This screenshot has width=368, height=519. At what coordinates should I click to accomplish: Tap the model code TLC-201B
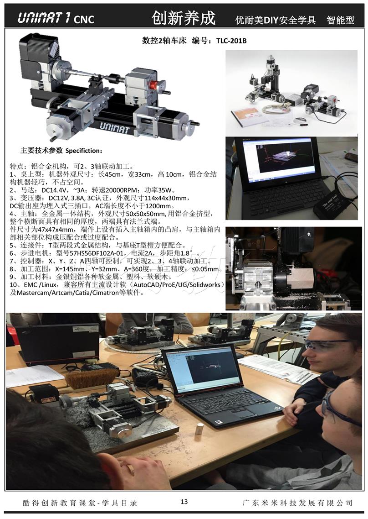(x=231, y=41)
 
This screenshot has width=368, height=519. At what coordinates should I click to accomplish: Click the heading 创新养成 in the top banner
(x=184, y=18)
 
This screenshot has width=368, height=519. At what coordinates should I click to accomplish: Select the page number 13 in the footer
(x=184, y=502)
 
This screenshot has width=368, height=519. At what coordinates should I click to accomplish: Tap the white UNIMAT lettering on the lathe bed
(x=114, y=127)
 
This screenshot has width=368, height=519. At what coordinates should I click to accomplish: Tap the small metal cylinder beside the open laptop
(x=199, y=428)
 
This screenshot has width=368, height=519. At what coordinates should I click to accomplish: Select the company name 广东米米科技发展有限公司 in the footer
(x=297, y=503)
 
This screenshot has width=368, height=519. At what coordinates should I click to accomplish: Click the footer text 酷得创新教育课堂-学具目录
(x=80, y=503)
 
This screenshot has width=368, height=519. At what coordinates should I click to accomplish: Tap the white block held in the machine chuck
(x=301, y=278)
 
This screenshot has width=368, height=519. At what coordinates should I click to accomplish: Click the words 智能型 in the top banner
(x=340, y=20)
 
